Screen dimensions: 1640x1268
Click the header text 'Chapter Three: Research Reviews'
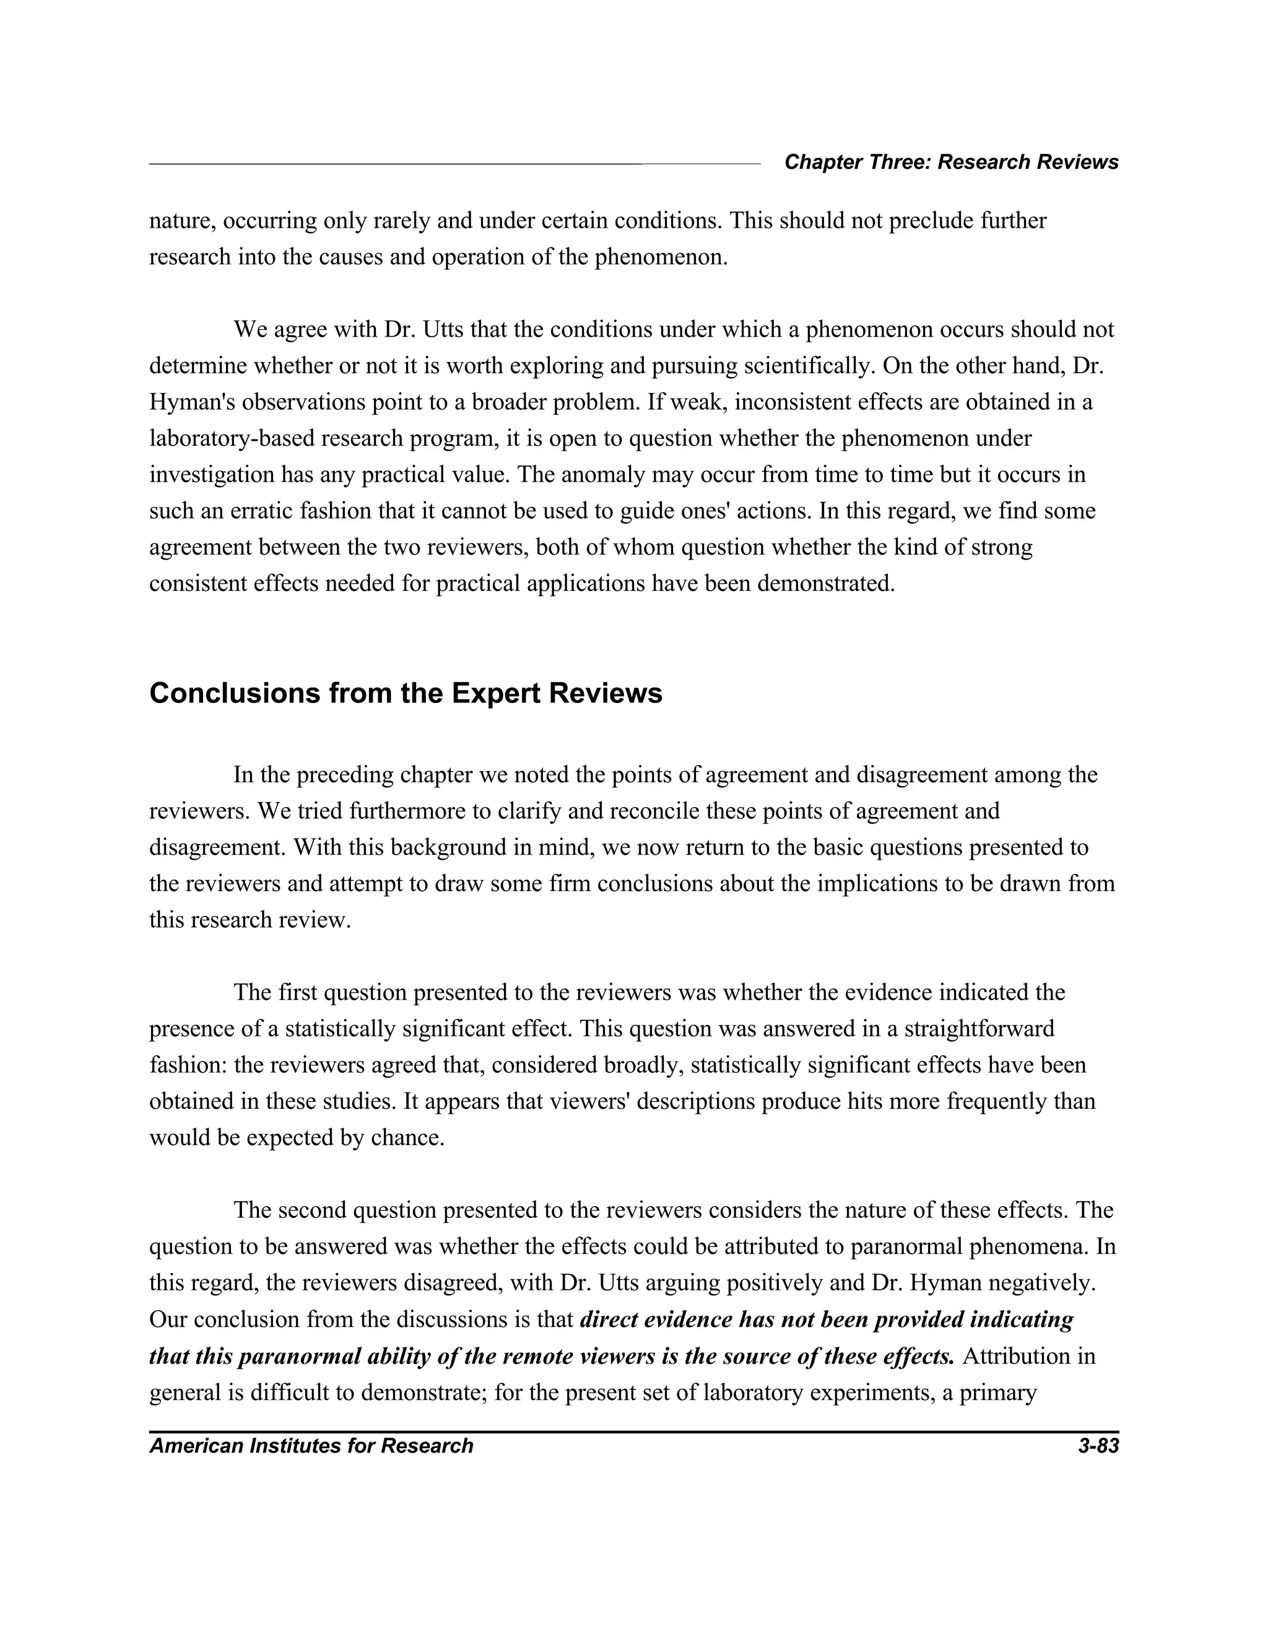[951, 162]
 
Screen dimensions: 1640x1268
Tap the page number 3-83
[1098, 1446]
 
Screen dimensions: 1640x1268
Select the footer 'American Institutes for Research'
[311, 1446]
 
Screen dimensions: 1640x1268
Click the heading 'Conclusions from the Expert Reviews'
[406, 693]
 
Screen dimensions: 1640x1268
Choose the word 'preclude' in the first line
[934, 222]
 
